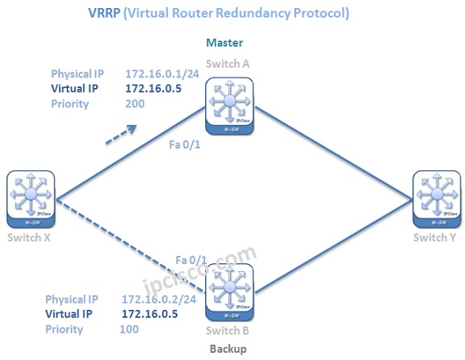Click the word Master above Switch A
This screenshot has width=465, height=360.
pyautogui.click(x=230, y=42)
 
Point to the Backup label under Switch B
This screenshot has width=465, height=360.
pyautogui.click(x=228, y=348)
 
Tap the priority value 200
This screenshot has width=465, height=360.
pyautogui.click(x=136, y=104)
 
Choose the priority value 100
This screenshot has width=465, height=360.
pyautogui.click(x=130, y=329)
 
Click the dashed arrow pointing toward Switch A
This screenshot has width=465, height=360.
pyautogui.click(x=119, y=134)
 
